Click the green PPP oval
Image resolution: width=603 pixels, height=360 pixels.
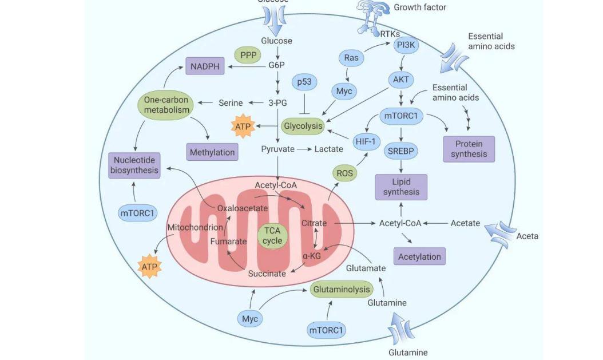pos(248,56)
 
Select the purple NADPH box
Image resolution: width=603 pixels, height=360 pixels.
pos(205,66)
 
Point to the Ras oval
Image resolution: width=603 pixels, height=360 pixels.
pos(351,57)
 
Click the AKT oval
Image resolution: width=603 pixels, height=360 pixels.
pos(401,80)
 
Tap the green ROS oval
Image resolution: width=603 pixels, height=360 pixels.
pos(344,173)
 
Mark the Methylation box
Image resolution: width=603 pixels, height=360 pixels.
pos(212,152)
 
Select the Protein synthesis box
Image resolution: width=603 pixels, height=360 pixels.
pos(469,149)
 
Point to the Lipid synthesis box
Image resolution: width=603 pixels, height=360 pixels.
pos(401,187)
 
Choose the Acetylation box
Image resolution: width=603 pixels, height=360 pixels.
pos(419,256)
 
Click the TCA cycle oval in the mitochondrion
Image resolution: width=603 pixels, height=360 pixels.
pos(272,236)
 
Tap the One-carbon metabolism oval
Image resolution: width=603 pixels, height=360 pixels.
pos(166,104)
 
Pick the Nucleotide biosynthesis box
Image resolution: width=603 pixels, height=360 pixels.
pos(134,165)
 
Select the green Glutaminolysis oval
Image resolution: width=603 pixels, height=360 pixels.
pos(342,290)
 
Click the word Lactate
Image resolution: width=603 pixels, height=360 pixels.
pos(329,149)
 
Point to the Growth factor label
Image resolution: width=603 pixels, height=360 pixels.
pos(420,7)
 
